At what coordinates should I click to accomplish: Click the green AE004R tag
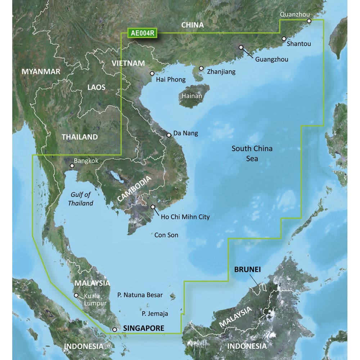[x=143, y=33]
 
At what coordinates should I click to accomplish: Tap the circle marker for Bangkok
[x=72, y=166]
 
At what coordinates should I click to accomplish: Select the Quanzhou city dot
[x=309, y=21]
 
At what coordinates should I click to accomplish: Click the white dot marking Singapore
[x=114, y=329]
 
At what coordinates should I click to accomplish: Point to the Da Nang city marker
[x=169, y=135]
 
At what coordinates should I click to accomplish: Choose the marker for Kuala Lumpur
[x=76, y=295]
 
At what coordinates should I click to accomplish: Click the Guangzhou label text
[x=271, y=59]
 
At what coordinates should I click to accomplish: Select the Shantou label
[x=299, y=44]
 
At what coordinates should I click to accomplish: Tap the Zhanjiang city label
[x=221, y=72]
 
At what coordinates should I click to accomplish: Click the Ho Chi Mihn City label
[x=185, y=217]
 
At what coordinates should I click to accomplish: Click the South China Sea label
[x=252, y=153]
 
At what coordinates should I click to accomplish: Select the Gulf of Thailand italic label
[x=81, y=199]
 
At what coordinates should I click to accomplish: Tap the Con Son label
[x=166, y=235]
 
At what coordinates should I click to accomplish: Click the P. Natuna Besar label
[x=140, y=295]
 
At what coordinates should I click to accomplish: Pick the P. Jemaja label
[x=155, y=314]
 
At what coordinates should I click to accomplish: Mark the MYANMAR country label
[x=41, y=71]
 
